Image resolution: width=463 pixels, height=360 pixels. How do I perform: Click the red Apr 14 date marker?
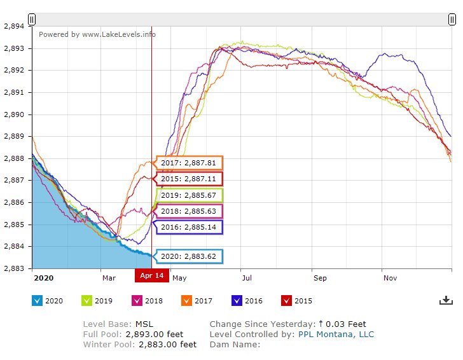pyautogui.click(x=151, y=275)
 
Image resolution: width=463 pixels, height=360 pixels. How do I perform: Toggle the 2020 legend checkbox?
pyautogui.click(x=37, y=301)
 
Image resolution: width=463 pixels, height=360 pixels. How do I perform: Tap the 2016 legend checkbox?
pyautogui.click(x=237, y=301)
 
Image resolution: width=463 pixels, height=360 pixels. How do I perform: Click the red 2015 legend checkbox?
pyautogui.click(x=286, y=301)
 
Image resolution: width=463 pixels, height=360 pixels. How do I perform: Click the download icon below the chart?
pyautogui.click(x=446, y=300)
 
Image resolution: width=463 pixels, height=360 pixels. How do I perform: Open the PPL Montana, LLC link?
pyautogui.click(x=336, y=335)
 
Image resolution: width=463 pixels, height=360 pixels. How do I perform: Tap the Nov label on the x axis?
pyautogui.click(x=390, y=278)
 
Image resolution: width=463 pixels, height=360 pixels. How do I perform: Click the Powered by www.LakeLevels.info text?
pyautogui.click(x=97, y=34)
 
